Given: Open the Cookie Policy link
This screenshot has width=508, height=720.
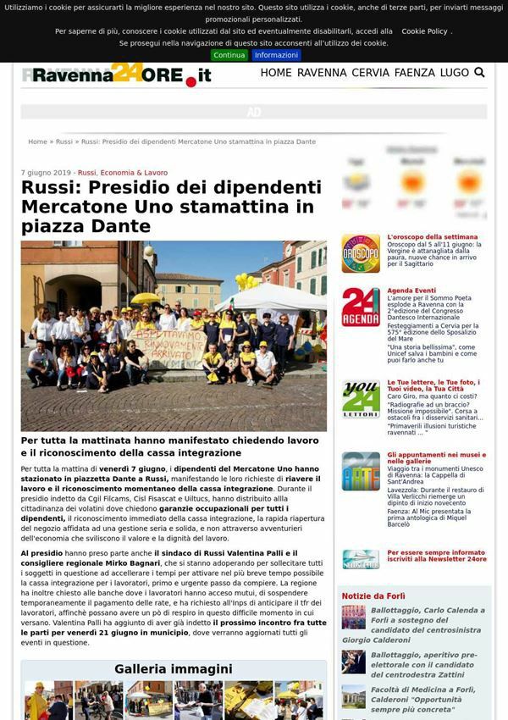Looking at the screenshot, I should [x=424, y=31].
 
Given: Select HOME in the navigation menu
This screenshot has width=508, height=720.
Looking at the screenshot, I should [x=276, y=73].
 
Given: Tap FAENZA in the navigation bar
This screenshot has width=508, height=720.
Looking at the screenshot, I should [x=415, y=73].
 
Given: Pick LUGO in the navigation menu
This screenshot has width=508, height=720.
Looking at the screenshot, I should [x=455, y=73].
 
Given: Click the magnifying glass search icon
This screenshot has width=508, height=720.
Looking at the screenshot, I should [x=480, y=73].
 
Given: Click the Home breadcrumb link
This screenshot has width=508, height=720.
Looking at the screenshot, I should [x=37, y=141].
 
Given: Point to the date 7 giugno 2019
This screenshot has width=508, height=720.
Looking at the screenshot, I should [x=47, y=172].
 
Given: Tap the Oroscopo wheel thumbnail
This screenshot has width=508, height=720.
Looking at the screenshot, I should [x=361, y=253].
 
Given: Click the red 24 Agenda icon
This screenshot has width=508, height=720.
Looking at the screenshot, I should [x=361, y=307].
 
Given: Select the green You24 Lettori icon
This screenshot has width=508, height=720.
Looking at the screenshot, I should [x=361, y=399].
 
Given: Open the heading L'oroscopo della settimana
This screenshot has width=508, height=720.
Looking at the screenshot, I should [x=433, y=237].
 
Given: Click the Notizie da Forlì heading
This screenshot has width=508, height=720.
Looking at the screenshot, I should [x=373, y=595].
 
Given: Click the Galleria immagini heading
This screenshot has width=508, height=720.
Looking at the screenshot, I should [x=174, y=669].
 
